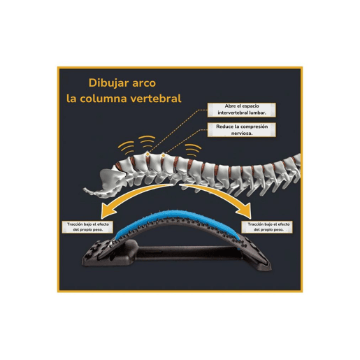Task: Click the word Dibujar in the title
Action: [x=109, y=83]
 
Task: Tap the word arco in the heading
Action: [x=144, y=83]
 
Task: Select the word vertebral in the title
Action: [x=156, y=99]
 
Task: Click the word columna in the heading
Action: [x=103, y=99]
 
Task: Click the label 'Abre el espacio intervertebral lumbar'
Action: [x=242, y=110]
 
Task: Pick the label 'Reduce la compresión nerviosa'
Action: [x=242, y=130]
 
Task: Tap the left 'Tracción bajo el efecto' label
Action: [x=87, y=227]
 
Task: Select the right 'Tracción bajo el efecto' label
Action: [x=267, y=227]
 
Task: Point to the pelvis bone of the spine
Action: [x=103, y=183]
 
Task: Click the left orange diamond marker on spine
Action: [x=147, y=154]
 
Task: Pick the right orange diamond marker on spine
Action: [x=164, y=155]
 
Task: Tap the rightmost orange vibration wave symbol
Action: [x=193, y=148]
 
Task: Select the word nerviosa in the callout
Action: [x=242, y=134]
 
